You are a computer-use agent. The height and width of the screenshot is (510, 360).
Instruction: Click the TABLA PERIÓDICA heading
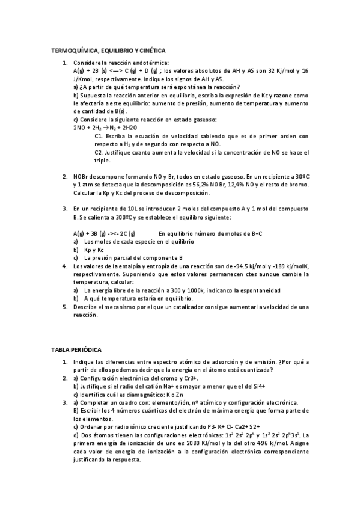[x=77, y=349]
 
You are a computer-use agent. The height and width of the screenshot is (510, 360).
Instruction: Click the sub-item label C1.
[x=99, y=136]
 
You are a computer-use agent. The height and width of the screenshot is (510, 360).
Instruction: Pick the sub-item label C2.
[x=99, y=153]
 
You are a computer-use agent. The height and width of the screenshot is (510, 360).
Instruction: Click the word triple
[x=102, y=161]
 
